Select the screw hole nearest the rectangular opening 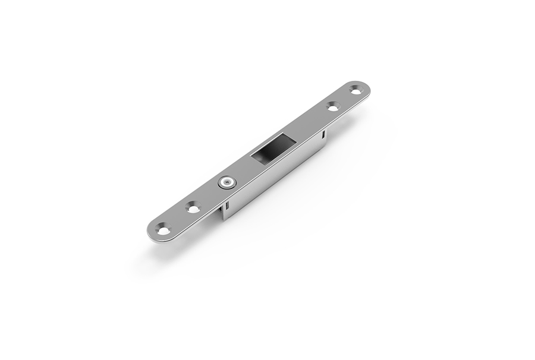click(332, 106)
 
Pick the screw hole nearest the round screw click(193, 208)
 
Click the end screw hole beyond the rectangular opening click(355, 90)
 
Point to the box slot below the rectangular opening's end click(322, 137)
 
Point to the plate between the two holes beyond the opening click(344, 99)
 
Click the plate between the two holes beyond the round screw click(177, 218)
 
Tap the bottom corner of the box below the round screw click(224, 219)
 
